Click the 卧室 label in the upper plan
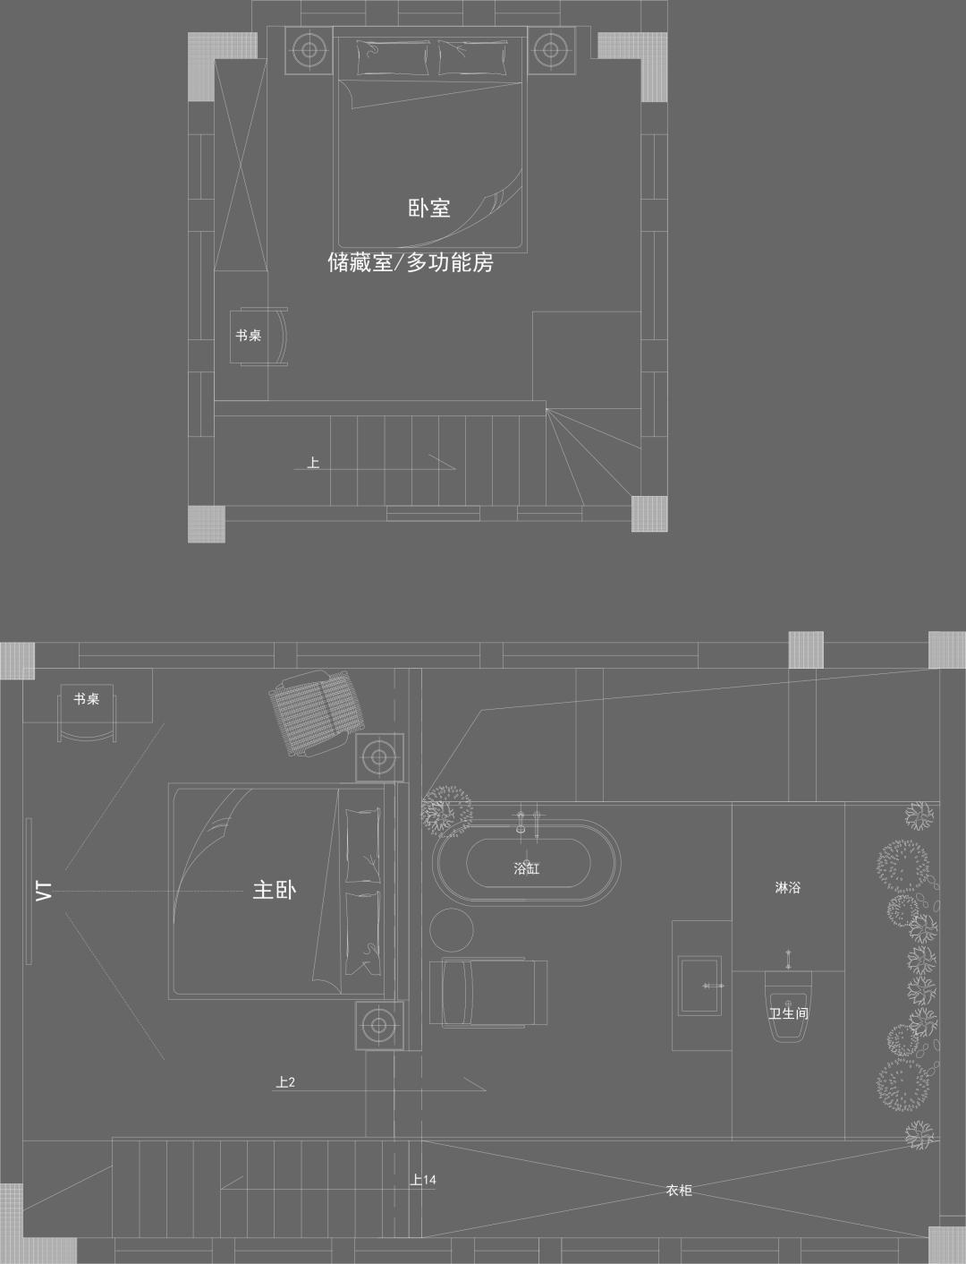428,209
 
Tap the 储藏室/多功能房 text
411,262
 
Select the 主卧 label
274,890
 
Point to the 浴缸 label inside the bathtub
526,867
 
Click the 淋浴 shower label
787,888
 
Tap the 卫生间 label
788,1013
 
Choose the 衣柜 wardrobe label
679,1190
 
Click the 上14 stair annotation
423,1180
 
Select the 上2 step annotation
285,1082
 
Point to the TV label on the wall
43,891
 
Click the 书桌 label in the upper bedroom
248,336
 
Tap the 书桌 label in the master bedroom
87,699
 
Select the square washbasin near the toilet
699,986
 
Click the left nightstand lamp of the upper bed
309,49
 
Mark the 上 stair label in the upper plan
313,463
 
